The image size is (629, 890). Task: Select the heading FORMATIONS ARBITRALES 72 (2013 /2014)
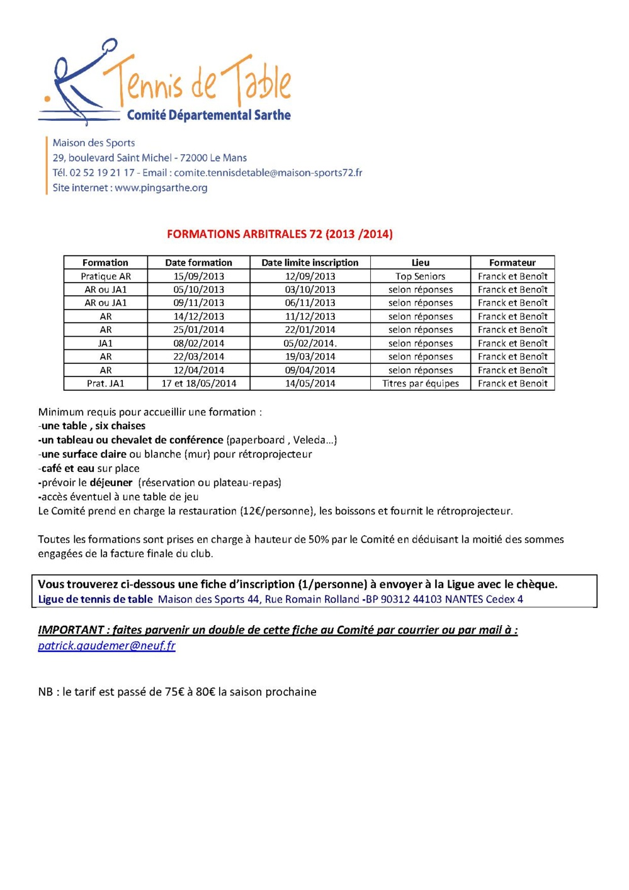(280, 234)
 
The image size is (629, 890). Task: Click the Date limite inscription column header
(310, 262)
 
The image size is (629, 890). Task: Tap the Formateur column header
(512, 262)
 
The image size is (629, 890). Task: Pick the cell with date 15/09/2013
(198, 276)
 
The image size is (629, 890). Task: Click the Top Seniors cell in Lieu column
(420, 276)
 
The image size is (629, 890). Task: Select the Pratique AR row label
(106, 276)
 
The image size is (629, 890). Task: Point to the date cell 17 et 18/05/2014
(198, 383)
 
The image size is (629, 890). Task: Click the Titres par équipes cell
(420, 383)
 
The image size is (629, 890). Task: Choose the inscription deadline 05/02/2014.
(310, 343)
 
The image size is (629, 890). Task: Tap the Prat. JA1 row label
(106, 383)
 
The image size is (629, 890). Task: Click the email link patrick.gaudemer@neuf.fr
(106, 646)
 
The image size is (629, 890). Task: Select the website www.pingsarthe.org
(161, 188)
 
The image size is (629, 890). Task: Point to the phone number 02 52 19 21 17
(102, 172)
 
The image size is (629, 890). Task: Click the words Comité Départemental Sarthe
(208, 115)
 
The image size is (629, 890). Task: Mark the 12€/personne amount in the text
(276, 511)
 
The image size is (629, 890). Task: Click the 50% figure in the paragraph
(319, 539)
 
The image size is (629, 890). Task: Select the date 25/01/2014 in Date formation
(198, 330)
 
